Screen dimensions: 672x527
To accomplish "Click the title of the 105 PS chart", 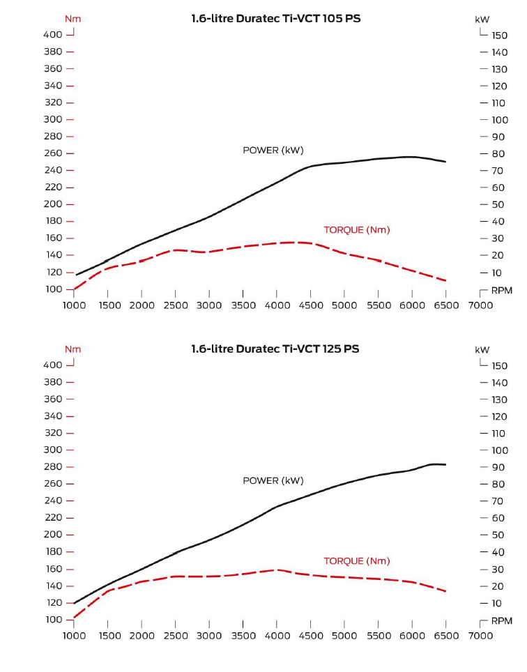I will (275, 19).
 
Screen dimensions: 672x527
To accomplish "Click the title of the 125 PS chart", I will (275, 349).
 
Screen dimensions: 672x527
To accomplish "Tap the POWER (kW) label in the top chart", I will (273, 150).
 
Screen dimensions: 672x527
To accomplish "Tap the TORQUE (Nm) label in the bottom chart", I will (356, 560).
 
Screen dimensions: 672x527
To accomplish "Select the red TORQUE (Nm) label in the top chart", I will (356, 230).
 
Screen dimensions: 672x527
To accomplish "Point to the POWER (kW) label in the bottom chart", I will (273, 480).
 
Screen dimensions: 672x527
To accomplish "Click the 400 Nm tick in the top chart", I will (54, 34).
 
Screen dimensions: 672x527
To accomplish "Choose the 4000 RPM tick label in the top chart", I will (276, 305).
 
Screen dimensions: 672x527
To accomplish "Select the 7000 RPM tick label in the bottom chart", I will (480, 635).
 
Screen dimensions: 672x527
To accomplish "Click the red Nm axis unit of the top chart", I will (72, 19).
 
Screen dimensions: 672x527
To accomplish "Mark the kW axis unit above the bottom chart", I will (482, 349).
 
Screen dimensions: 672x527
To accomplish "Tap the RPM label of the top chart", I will (501, 290).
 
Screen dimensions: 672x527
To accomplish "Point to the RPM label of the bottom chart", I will (501, 620).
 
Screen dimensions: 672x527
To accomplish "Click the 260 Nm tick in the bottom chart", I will (54, 484).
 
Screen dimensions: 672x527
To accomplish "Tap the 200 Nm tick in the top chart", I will (54, 204).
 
